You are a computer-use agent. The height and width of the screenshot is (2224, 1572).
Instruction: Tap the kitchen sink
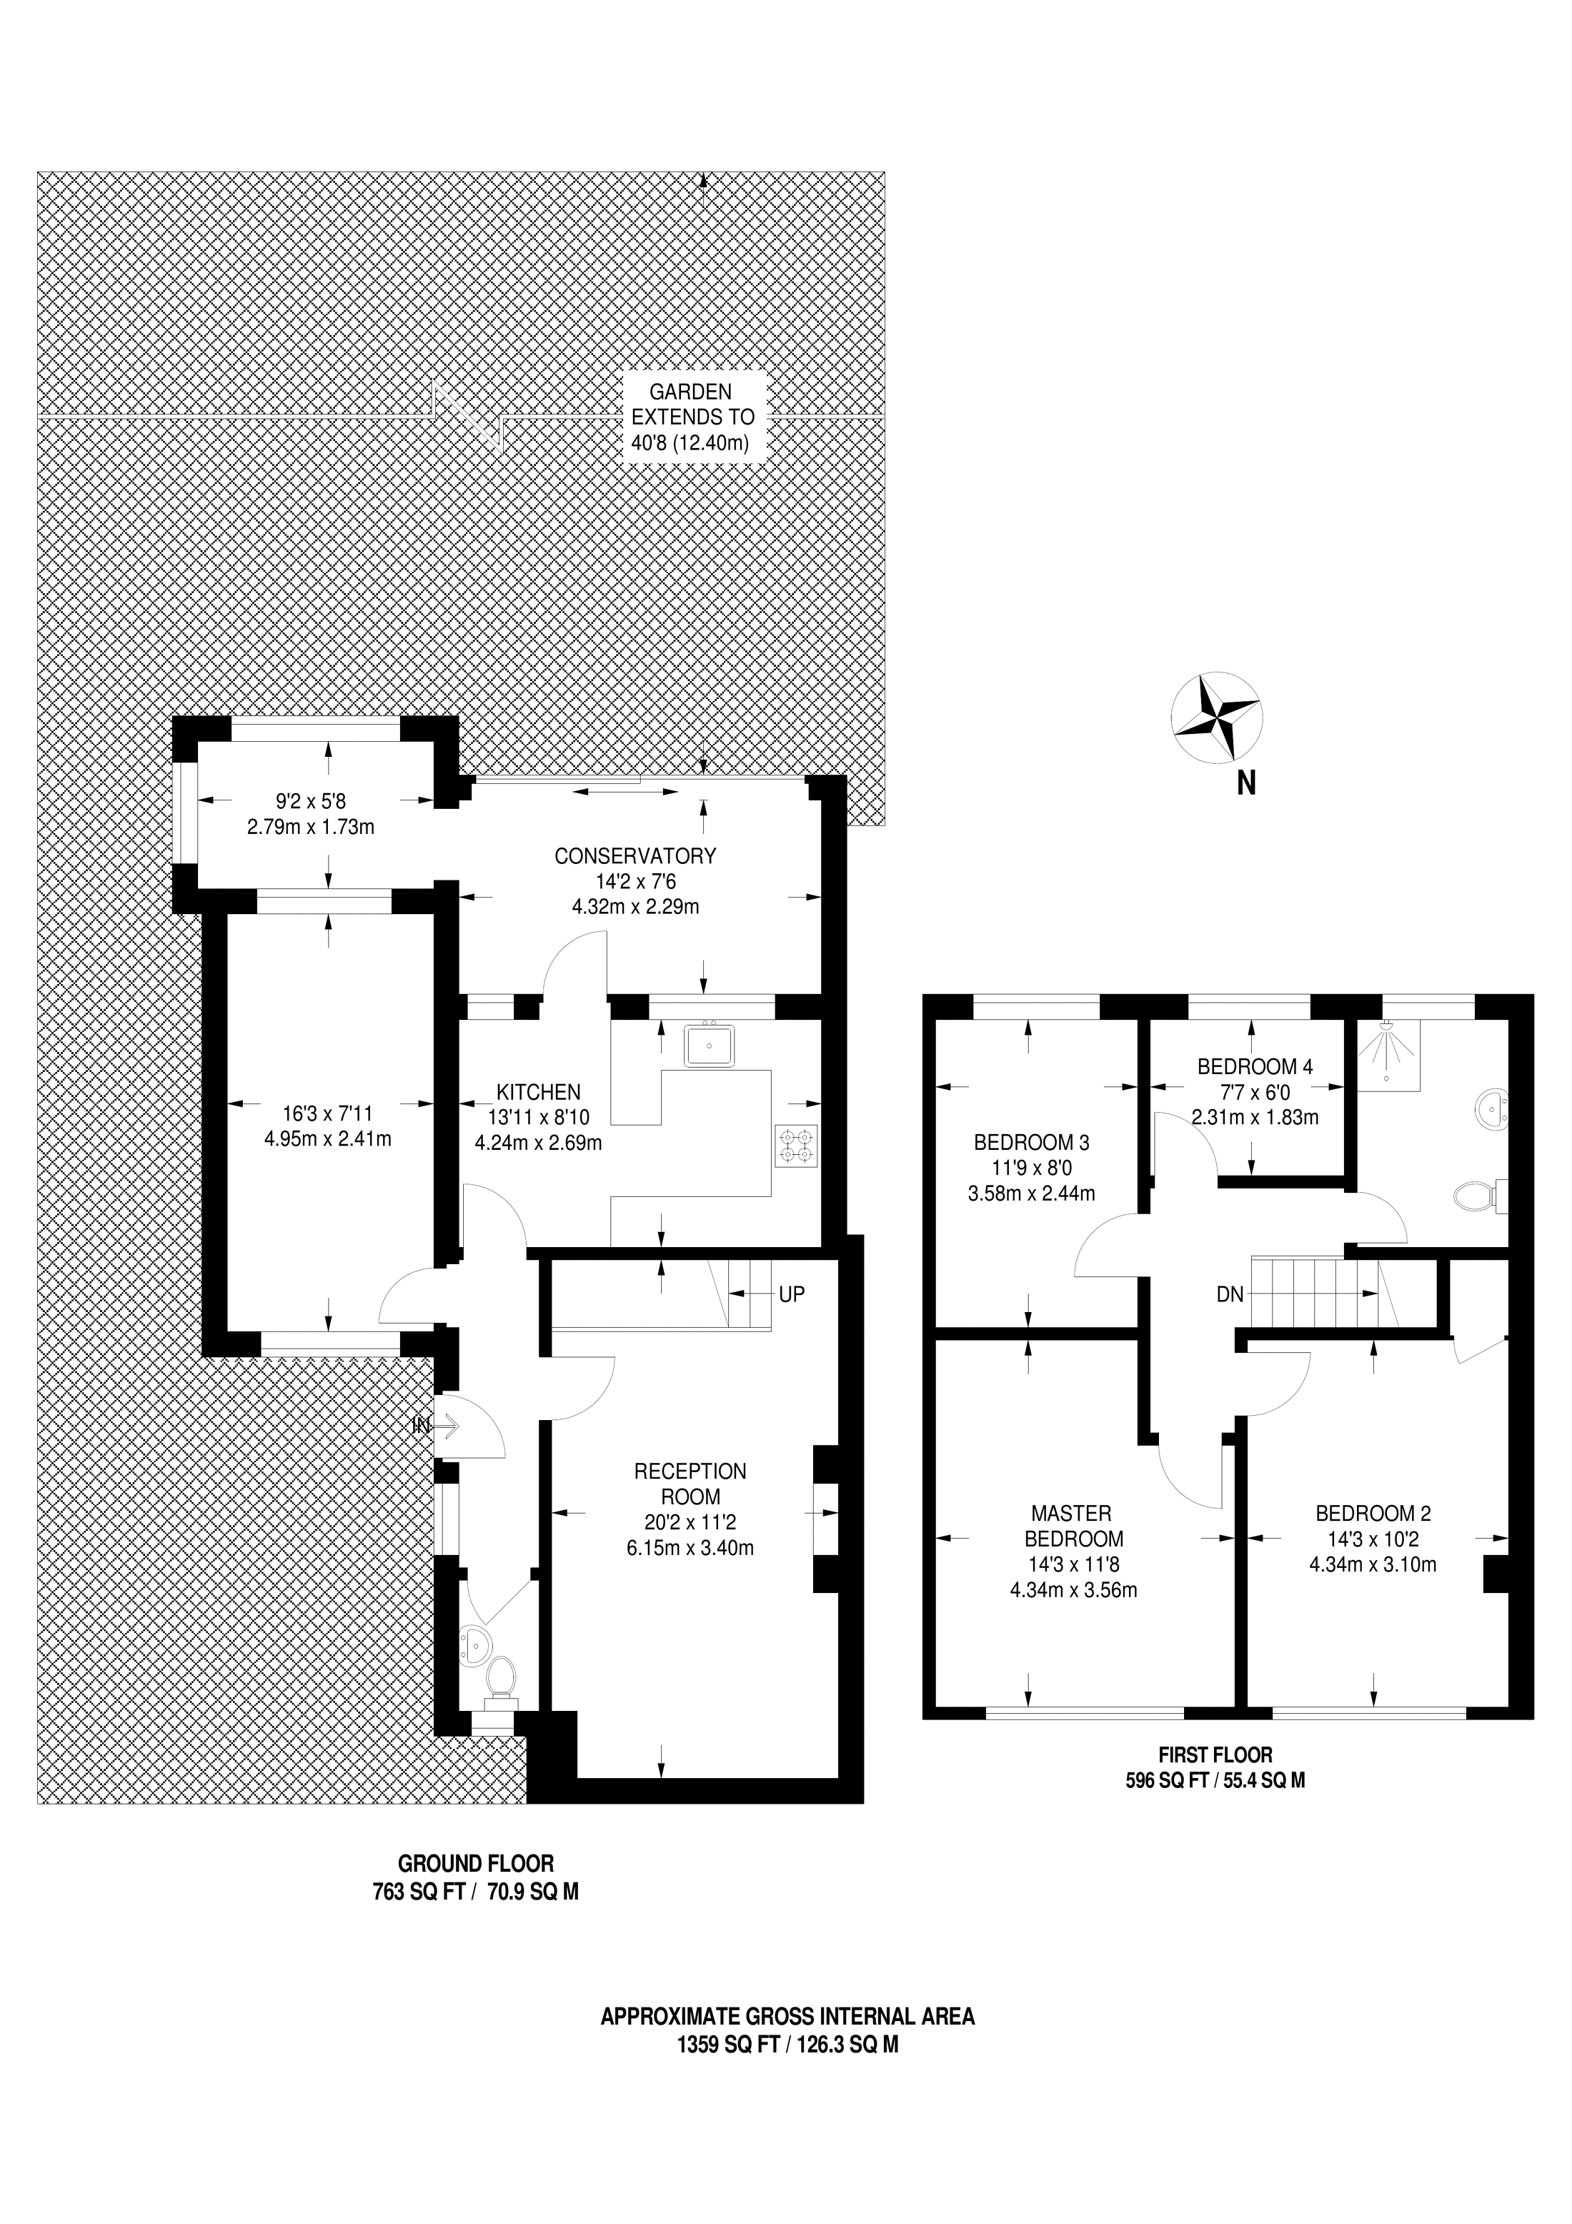tap(709, 1044)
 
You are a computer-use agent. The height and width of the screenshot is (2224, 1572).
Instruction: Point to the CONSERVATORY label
tap(635, 855)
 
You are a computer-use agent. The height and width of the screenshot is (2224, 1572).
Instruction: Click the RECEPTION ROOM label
tap(690, 1483)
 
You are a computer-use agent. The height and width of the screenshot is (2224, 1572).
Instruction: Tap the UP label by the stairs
tap(791, 1294)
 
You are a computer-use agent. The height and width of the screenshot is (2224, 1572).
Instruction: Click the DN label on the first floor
tap(1230, 1294)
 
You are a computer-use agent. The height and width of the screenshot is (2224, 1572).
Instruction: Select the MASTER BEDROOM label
tap(1071, 1526)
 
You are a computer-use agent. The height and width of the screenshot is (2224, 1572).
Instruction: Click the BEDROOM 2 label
tap(1373, 1513)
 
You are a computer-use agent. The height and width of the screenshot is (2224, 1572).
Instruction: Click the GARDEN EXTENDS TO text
tap(692, 405)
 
